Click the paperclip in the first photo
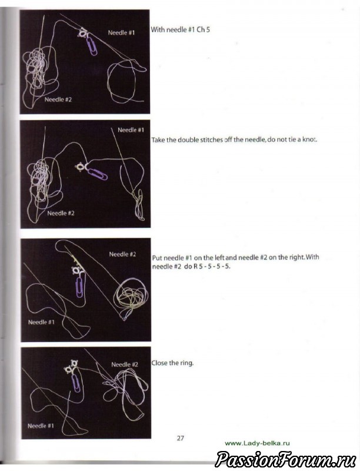[92, 47]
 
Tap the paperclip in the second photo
[96, 174]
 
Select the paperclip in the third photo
[79, 287]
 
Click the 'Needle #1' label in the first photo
[121, 32]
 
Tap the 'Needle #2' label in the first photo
[58, 99]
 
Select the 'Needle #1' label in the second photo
[131, 130]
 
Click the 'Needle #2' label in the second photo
[61, 213]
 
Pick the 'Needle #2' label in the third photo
[122, 254]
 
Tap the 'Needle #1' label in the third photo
[41, 322]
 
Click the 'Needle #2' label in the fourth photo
[125, 364]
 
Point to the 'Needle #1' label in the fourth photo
[41, 426]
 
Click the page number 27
[181, 438]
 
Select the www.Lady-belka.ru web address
[258, 443]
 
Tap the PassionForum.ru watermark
[285, 459]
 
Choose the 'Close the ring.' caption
[172, 363]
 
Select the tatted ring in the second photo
[81, 167]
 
